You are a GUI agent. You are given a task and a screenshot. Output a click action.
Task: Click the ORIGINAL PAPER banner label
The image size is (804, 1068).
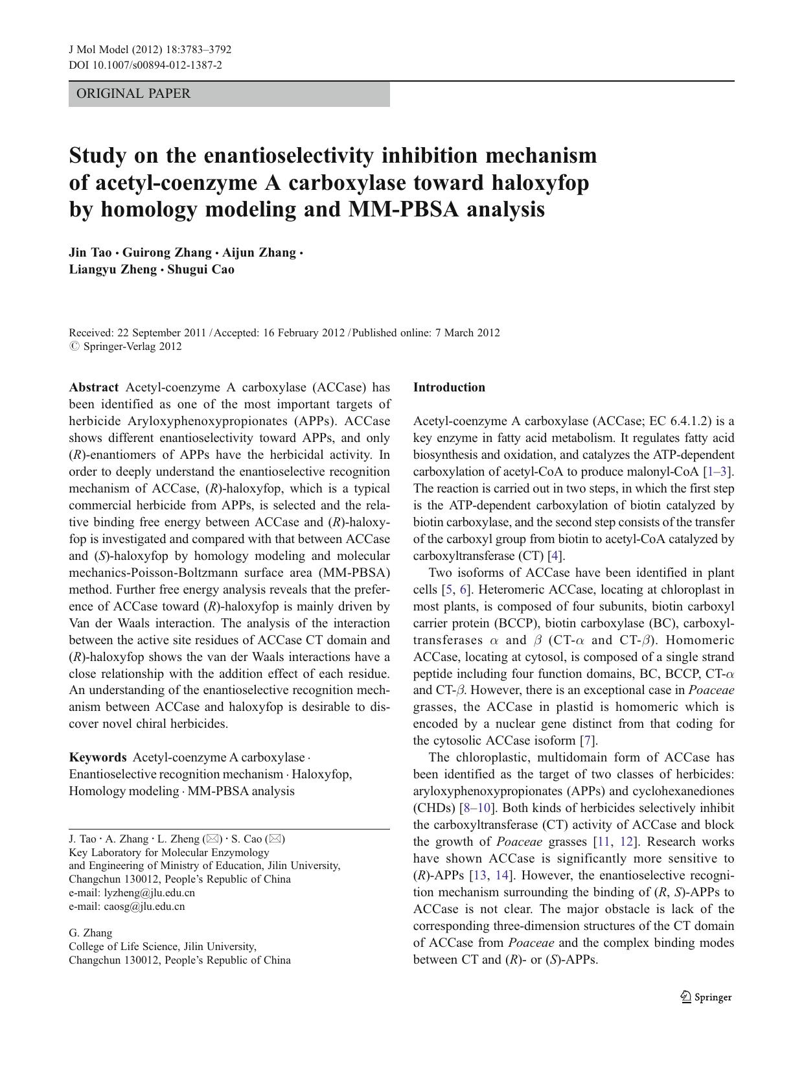(x=133, y=94)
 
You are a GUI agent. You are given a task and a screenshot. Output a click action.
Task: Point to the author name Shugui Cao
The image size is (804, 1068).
(x=201, y=270)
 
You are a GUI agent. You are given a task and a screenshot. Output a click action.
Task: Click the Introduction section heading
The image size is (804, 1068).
(x=449, y=388)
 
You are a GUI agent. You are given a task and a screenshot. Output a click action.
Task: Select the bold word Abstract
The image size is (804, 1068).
(x=94, y=388)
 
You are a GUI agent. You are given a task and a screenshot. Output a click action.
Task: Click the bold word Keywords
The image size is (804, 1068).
(x=98, y=758)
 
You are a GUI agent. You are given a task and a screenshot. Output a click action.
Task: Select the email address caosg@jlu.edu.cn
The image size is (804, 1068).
(x=144, y=907)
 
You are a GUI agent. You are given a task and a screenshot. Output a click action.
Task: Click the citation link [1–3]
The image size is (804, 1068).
(x=718, y=472)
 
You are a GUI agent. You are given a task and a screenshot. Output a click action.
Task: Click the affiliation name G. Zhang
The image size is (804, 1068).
(x=91, y=933)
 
